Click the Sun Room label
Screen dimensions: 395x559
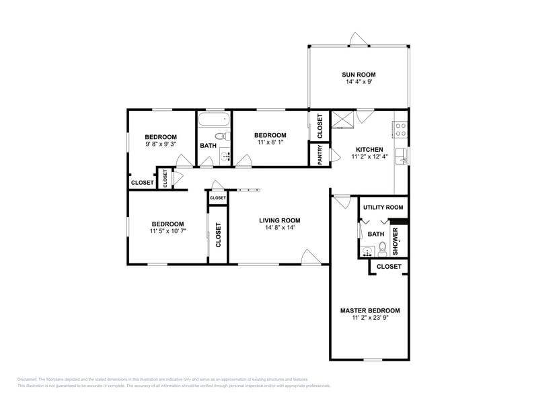pos(359,75)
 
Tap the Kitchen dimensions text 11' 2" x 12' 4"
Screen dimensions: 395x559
pos(369,157)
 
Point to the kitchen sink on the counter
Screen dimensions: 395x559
pos(402,157)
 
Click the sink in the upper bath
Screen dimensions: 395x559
pos(224,157)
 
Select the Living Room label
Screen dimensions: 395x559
pos(279,220)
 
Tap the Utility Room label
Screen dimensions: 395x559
pos(383,208)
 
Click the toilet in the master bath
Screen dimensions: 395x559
pos(383,249)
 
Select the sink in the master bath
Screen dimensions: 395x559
pos(367,252)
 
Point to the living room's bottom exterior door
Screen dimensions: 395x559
pos(310,257)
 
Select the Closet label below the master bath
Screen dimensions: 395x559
pos(389,267)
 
